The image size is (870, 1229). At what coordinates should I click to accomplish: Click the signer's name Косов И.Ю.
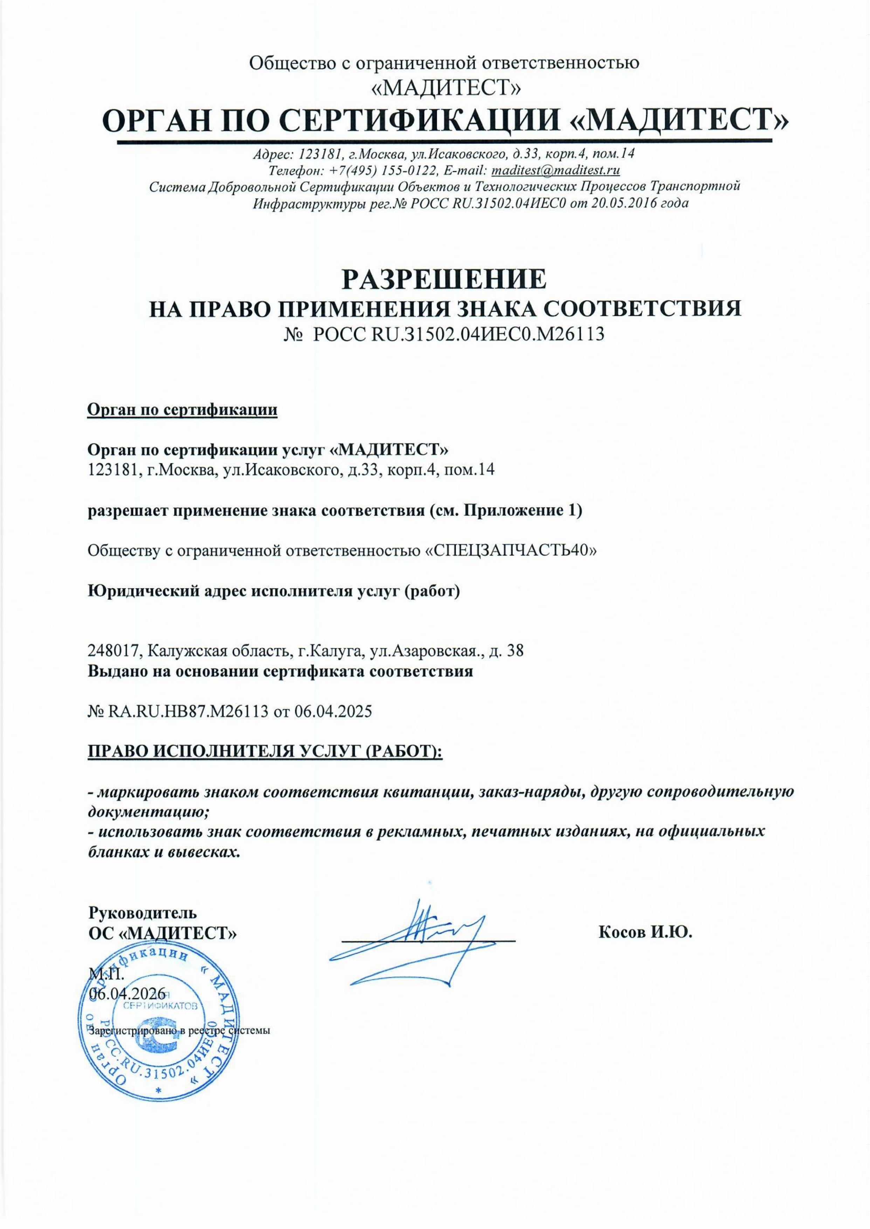(x=645, y=933)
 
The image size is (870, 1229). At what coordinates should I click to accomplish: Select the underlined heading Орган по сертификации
(x=182, y=410)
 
